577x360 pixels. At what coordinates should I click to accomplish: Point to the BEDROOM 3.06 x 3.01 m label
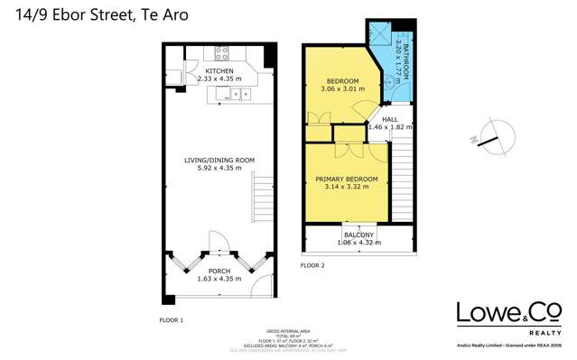(342, 85)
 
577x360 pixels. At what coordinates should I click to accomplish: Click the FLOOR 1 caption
(171, 320)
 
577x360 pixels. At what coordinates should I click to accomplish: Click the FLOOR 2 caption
(312, 265)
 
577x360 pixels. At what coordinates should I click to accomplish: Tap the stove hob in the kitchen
(222, 52)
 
